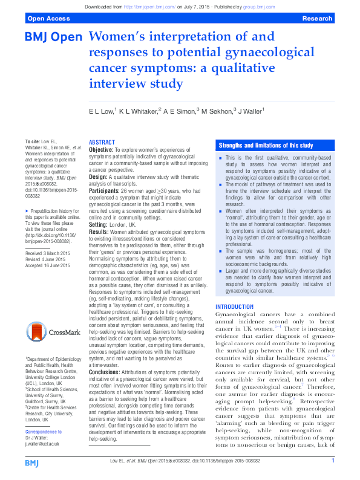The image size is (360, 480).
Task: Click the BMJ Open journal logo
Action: (x=53, y=37)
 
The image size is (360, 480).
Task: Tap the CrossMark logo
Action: (x=54, y=332)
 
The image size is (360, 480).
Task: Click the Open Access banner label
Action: (x=43, y=19)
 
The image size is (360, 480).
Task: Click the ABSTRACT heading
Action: (x=102, y=141)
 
